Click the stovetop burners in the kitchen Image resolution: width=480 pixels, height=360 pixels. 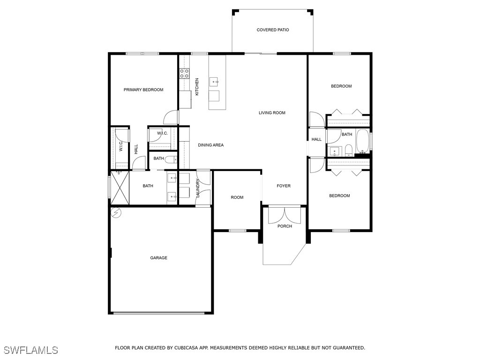pos(184,73)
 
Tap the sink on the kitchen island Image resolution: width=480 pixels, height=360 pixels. pos(215,82)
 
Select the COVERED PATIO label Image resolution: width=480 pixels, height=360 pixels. pos(273,30)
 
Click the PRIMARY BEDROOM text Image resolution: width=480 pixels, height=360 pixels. pos(143,90)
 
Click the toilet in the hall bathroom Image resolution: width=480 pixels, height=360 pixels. pos(348,150)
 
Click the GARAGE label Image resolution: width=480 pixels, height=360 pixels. pos(158,258)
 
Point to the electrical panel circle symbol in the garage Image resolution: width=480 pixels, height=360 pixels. pos(116,213)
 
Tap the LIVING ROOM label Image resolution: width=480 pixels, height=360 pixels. pos(272,112)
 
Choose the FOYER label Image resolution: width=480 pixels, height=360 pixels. pos(284,186)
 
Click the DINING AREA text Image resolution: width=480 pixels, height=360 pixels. pos(210,145)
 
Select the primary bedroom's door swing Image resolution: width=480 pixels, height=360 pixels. pos(172,117)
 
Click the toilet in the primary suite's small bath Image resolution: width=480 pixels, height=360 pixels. pos(171,158)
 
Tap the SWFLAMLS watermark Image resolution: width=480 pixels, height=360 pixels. pos(30,350)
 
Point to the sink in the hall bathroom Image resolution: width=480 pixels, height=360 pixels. pos(334,151)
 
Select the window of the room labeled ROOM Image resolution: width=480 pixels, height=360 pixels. pos(237,230)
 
